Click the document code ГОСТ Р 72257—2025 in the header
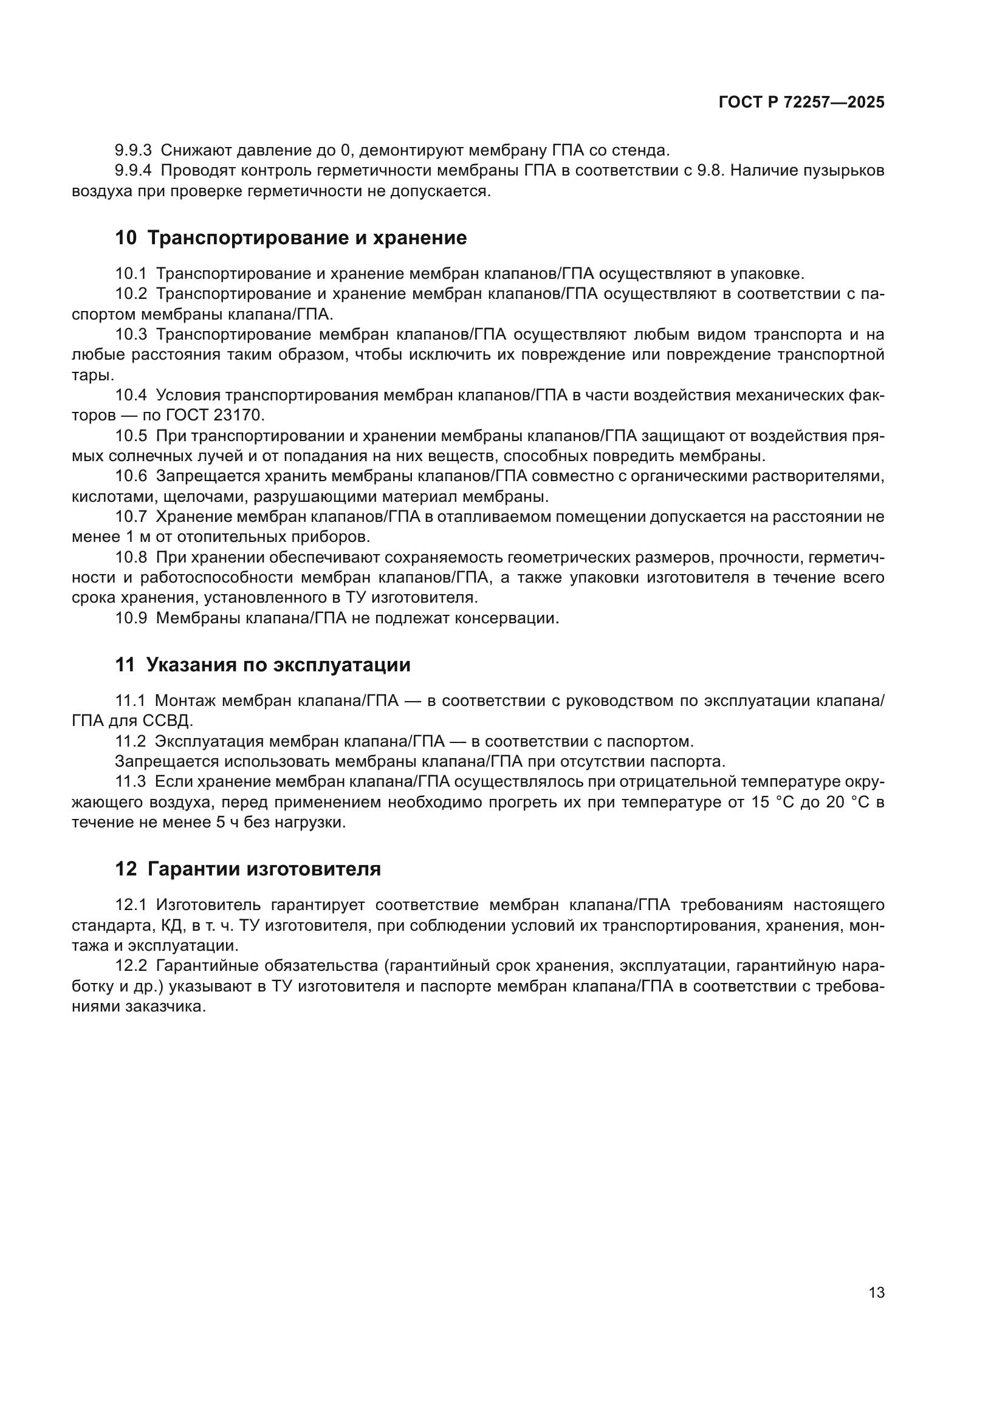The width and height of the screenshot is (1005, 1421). click(x=801, y=103)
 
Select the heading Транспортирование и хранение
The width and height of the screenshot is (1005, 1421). click(x=307, y=238)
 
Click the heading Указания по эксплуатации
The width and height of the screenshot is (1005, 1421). click(x=278, y=665)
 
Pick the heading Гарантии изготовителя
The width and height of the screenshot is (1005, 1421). click(x=264, y=869)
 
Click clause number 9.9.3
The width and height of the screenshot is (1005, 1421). click(x=133, y=151)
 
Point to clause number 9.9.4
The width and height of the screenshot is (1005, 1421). click(x=133, y=171)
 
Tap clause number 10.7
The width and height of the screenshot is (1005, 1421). click(x=131, y=517)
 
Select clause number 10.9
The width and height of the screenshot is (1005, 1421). click(x=131, y=618)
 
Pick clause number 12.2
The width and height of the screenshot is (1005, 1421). click(x=131, y=966)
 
